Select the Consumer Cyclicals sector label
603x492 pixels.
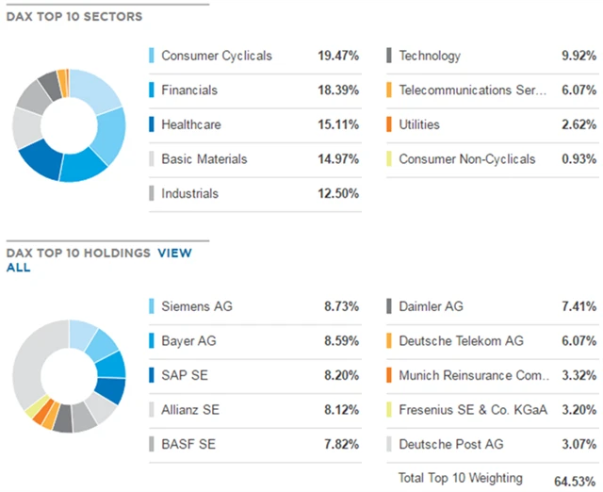216,56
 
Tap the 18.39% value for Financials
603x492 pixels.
338,90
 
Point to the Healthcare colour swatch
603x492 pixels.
152,124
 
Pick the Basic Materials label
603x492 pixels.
204,159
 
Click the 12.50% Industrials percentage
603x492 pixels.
338,193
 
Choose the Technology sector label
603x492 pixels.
430,56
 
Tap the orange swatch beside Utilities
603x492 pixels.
389,124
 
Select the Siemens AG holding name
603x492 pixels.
196,306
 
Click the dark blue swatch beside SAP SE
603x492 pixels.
152,375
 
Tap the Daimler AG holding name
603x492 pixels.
432,306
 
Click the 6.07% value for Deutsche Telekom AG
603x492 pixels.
577,340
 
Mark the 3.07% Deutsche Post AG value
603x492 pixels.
577,444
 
